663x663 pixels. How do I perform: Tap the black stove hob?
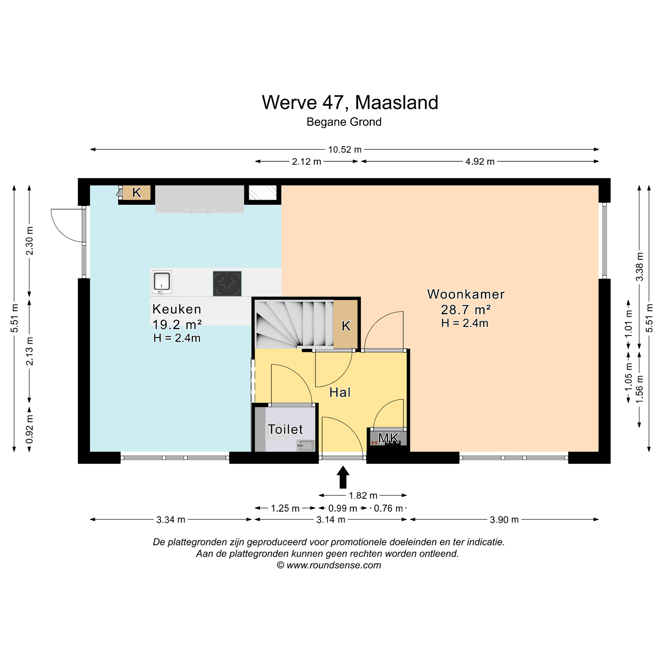[x=227, y=283]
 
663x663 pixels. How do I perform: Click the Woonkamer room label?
[x=466, y=294]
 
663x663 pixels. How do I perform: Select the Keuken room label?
[x=177, y=309]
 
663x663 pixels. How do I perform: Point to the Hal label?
[x=340, y=392]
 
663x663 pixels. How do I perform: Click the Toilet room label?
[x=285, y=429]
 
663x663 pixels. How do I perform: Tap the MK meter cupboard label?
[x=388, y=438]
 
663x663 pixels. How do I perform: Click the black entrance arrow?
[x=343, y=477]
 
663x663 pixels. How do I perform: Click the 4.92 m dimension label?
[x=480, y=162]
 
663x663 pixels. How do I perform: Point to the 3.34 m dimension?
[x=171, y=520]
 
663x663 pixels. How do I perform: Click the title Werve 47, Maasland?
[x=350, y=102]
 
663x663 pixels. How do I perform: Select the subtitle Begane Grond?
[x=344, y=122]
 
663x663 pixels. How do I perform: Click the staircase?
[x=294, y=325]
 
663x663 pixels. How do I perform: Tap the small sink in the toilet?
[x=305, y=446]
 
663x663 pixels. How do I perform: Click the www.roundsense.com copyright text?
[x=329, y=565]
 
